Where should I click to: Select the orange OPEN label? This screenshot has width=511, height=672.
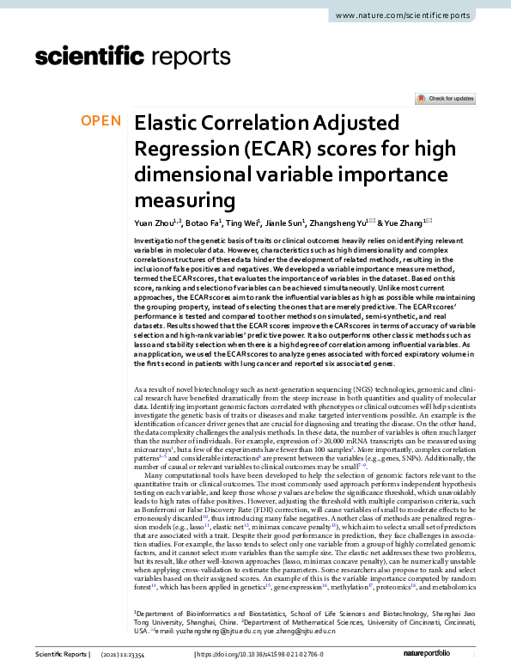pyautogui.click(x=101, y=120)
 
